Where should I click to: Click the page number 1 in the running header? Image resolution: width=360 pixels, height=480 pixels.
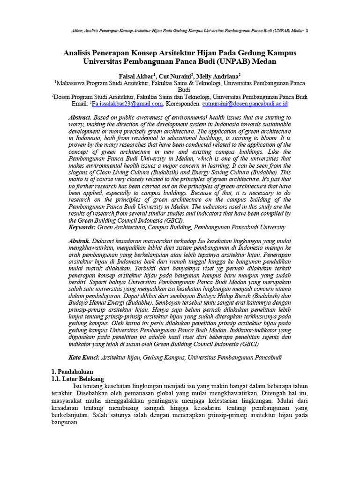307,31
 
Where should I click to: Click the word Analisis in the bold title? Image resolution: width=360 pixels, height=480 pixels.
79,53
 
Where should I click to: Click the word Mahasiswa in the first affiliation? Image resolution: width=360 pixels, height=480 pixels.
74,83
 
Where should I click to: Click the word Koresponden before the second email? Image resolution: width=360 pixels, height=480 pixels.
183,104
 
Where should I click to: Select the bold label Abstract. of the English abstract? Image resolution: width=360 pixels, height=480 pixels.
80,117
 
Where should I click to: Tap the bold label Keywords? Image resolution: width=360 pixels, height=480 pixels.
82,227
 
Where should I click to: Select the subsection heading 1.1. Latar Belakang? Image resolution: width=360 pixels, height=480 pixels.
77,378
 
